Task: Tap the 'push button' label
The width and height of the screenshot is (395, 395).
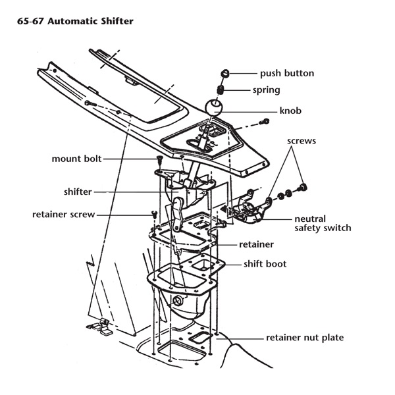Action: pos(286,73)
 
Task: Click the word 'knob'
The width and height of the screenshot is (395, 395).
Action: pos(290,111)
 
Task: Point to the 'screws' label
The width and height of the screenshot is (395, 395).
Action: pos(301,142)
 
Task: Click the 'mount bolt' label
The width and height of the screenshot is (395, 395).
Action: pos(76,159)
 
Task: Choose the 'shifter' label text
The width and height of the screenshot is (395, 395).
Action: pos(78,192)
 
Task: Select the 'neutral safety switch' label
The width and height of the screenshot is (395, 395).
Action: pos(323,223)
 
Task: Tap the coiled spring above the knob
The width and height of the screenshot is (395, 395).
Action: pos(223,90)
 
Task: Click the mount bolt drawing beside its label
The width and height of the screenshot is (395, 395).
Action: pos(159,160)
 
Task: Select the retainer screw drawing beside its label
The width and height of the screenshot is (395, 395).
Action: pos(152,214)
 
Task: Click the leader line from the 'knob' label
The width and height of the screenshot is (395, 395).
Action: pos(253,111)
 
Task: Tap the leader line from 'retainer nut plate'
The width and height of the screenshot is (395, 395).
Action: pos(237,338)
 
